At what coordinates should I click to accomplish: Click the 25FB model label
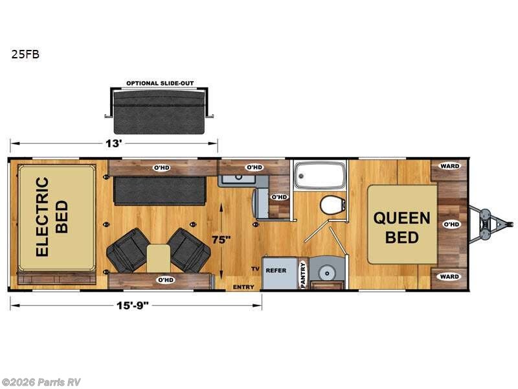[25, 55]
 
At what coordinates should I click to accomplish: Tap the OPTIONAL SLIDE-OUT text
[160, 84]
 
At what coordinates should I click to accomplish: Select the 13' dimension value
[115, 144]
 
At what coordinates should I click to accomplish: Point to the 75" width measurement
[221, 239]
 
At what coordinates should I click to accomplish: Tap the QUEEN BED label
[401, 227]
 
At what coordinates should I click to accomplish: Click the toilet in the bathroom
[332, 205]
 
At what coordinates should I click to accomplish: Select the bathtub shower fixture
[319, 175]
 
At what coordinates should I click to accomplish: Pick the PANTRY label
[302, 274]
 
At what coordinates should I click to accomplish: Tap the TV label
[255, 269]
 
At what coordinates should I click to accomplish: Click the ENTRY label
[243, 286]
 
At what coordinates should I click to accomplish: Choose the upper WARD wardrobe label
[449, 167]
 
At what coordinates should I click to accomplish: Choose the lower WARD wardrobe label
[449, 277]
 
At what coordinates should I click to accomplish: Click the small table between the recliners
[157, 257]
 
